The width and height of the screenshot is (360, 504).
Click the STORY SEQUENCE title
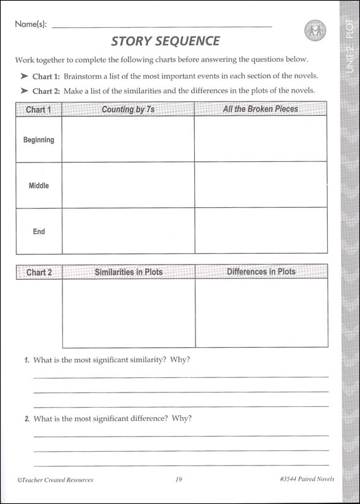[x=166, y=42]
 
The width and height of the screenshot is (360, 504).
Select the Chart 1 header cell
[x=38, y=110]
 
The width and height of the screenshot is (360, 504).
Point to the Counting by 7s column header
[x=128, y=110]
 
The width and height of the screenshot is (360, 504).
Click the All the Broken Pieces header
[x=260, y=109]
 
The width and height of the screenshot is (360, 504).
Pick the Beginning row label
[x=38, y=140]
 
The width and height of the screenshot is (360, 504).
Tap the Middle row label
[x=38, y=186]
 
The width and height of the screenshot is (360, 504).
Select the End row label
[x=38, y=231]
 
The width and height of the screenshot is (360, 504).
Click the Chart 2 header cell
[x=39, y=273]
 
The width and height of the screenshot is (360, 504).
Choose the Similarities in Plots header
[x=129, y=272]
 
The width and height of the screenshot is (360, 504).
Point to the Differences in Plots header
[x=261, y=272]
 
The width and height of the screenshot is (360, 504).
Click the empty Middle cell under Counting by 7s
[x=128, y=185]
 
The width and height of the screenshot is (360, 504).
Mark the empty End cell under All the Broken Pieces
[x=260, y=231]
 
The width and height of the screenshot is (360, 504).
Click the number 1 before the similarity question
[x=26, y=360]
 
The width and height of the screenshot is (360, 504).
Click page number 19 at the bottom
[x=179, y=479]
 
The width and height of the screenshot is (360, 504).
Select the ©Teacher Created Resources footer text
[x=55, y=479]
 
